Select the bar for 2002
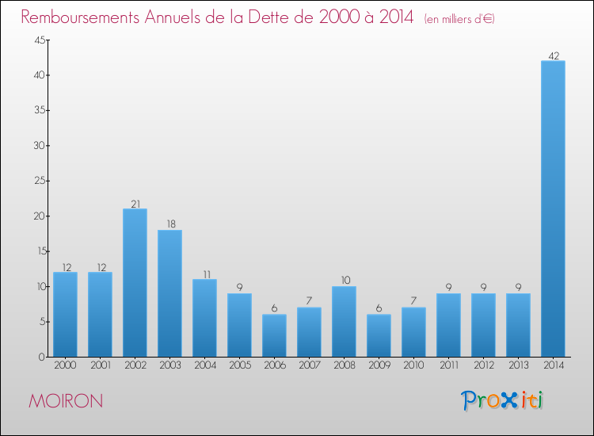pyautogui.click(x=135, y=282)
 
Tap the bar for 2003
pyautogui.click(x=169, y=293)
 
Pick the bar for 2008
pyautogui.click(x=344, y=321)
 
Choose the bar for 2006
pyautogui.click(x=274, y=335)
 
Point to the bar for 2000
pyautogui.click(x=65, y=314)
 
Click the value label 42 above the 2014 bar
pyautogui.click(x=553, y=55)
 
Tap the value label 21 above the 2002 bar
pyautogui.click(x=135, y=204)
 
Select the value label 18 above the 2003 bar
pyautogui.click(x=169, y=224)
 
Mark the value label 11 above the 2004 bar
pyautogui.click(x=204, y=273)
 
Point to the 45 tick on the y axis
pyautogui.click(x=38, y=40)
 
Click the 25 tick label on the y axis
pyautogui.click(x=38, y=181)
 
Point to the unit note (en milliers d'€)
pyautogui.click(x=459, y=18)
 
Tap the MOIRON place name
pyautogui.click(x=66, y=401)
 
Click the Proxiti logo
pyautogui.click(x=502, y=400)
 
